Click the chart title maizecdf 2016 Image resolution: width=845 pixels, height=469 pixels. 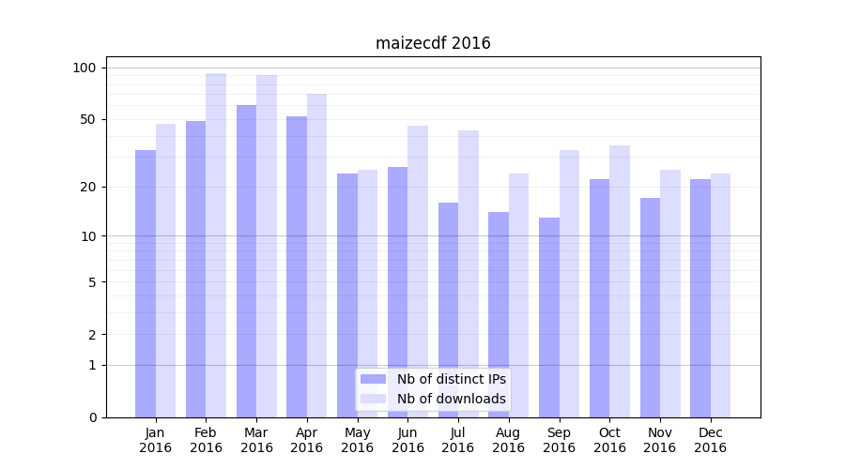[433, 43]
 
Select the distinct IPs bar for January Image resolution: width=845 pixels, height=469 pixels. [146, 281]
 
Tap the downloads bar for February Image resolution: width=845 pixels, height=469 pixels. [216, 244]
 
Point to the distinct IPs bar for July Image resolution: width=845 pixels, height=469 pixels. [448, 310]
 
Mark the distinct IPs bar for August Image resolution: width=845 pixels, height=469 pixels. [499, 314]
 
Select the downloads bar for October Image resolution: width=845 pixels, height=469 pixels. [620, 281]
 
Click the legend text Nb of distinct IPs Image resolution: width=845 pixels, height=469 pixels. [452, 379]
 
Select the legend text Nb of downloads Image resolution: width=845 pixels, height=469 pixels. [452, 399]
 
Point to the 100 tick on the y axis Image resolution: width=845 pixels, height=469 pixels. [84, 68]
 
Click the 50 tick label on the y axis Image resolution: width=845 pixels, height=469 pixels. [88, 119]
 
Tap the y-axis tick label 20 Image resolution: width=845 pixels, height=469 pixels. [88, 187]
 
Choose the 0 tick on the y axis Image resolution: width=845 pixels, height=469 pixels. [92, 417]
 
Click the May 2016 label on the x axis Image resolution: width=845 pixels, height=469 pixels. [358, 440]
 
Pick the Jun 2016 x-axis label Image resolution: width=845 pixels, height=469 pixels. [407, 440]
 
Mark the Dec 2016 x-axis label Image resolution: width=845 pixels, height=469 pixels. [711, 440]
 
